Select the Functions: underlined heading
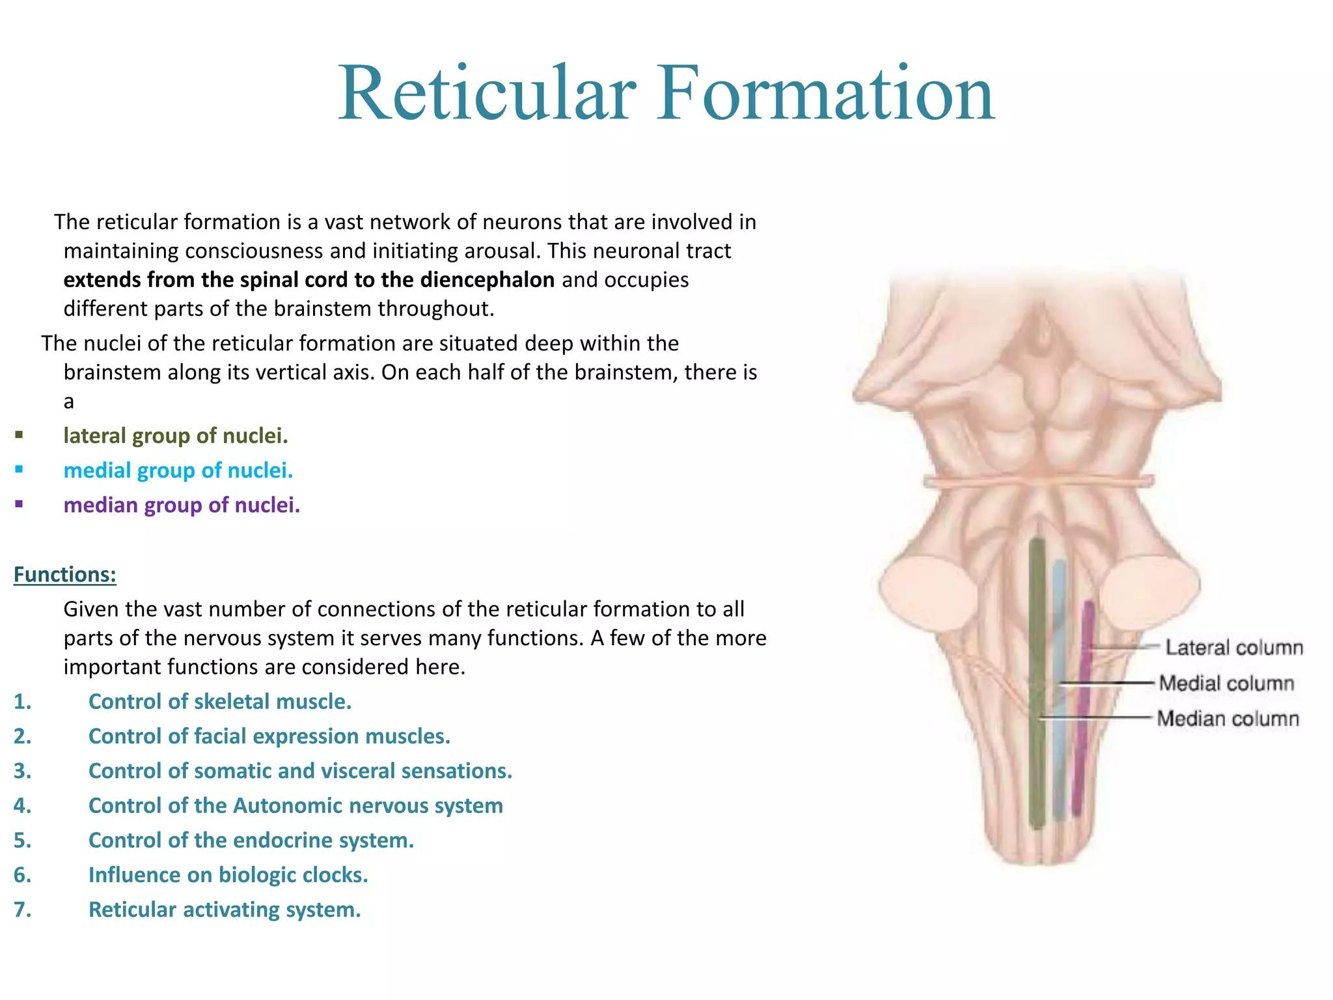(x=64, y=574)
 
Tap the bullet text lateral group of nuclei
(x=175, y=436)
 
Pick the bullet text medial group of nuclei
(x=178, y=470)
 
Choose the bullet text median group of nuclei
(x=182, y=505)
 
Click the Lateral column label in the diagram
(x=1233, y=647)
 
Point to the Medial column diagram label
(x=1226, y=683)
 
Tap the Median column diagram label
(x=1228, y=719)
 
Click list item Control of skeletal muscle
(x=219, y=701)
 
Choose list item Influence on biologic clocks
(x=228, y=874)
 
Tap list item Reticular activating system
(x=224, y=909)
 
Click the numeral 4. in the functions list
(x=22, y=805)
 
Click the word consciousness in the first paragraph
(x=254, y=251)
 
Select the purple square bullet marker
(x=19, y=503)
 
